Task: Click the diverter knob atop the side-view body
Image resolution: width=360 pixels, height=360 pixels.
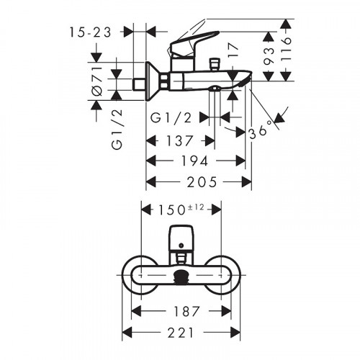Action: click(213, 66)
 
